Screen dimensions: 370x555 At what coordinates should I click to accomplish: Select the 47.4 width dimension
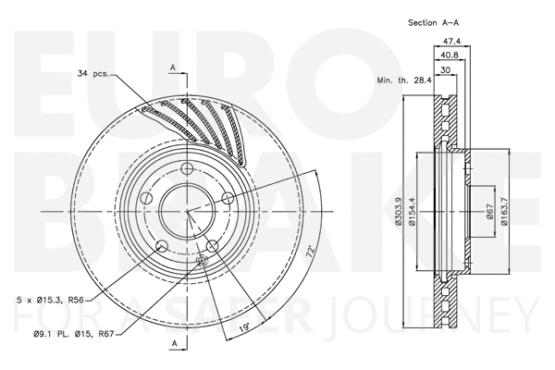click(452, 41)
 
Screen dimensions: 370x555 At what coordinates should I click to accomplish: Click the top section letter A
click(173, 66)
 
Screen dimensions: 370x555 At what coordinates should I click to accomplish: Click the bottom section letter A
click(173, 343)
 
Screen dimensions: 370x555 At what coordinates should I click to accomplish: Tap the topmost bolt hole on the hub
click(186, 168)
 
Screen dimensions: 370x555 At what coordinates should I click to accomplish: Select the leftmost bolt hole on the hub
click(144, 199)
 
